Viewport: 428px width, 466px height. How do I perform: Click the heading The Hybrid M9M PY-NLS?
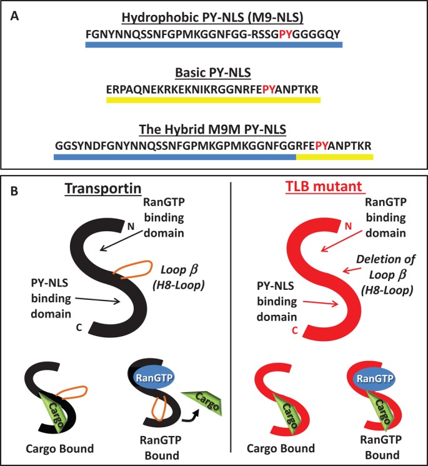(x=214, y=129)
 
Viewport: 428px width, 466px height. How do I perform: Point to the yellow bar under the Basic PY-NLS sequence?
(x=214, y=99)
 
